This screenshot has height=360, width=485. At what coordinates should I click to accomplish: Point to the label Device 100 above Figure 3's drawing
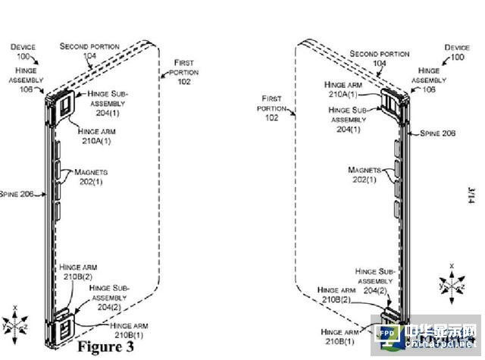[x=23, y=51]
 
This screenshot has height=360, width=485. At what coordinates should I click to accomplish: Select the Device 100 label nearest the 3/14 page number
[x=457, y=52]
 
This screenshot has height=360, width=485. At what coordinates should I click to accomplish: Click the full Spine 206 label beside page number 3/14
[x=437, y=133]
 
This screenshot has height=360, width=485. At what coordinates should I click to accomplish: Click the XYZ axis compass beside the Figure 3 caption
[x=16, y=320]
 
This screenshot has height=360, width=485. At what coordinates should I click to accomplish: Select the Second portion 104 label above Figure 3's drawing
[x=89, y=51]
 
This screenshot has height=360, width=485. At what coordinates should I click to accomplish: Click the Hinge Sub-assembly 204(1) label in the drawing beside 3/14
[x=350, y=114]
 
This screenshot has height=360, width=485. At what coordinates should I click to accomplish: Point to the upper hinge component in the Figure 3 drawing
[x=62, y=105]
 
